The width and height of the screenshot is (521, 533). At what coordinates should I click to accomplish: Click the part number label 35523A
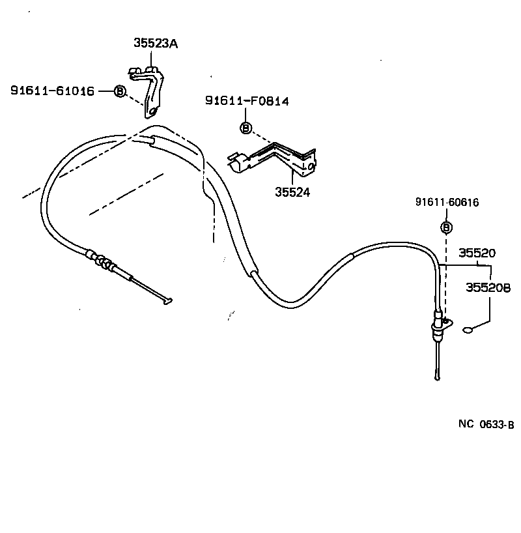(x=156, y=44)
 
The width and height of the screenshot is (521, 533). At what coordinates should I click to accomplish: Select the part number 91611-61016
(x=52, y=91)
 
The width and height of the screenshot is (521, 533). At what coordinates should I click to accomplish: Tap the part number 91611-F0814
(x=247, y=101)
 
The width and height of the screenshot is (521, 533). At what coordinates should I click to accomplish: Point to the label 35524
(x=292, y=192)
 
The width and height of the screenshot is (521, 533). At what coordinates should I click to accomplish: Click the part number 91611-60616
(x=447, y=203)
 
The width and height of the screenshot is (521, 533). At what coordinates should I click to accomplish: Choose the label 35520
(x=477, y=253)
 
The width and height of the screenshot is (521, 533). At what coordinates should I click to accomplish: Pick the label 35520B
(x=488, y=287)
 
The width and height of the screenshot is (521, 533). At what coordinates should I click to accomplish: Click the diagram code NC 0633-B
(x=486, y=424)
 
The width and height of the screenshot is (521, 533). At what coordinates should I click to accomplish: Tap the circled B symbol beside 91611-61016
(x=120, y=91)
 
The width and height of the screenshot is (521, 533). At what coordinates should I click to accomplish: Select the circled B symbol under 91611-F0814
(x=246, y=128)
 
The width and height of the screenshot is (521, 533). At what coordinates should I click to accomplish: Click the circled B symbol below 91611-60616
(x=446, y=227)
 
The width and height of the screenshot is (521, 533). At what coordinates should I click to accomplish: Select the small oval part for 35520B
(x=468, y=330)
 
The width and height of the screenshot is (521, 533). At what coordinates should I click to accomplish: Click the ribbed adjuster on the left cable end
(x=101, y=260)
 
